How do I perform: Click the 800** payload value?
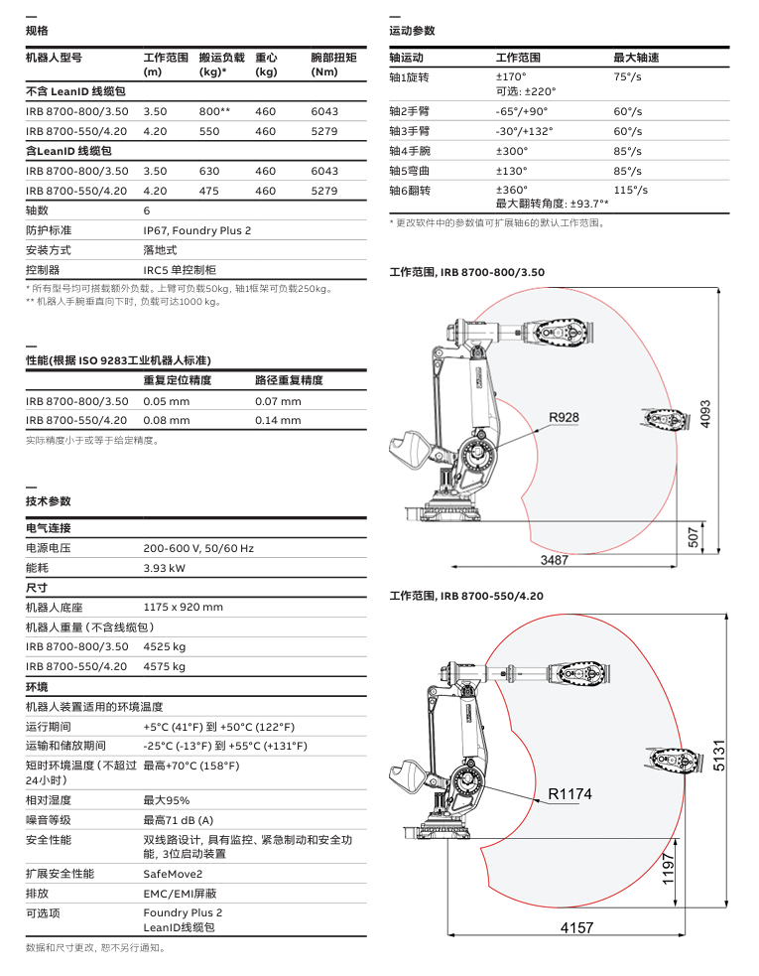214,111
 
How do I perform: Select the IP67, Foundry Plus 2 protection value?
196,230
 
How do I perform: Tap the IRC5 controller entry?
180,270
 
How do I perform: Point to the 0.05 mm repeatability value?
166,401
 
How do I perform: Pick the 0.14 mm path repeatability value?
278,421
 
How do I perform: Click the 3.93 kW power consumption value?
164,568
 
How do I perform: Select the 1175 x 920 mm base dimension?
183,608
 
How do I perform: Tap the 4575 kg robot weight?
164,667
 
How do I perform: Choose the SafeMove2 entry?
173,874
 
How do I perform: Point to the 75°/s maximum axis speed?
627,76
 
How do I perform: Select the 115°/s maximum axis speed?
630,190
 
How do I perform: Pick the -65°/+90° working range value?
521,111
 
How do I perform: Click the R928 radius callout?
564,417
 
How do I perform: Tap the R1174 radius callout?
569,793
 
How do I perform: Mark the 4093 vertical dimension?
705,414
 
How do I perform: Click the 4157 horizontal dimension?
576,927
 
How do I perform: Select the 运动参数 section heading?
412,32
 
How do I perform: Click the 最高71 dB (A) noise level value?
178,820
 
